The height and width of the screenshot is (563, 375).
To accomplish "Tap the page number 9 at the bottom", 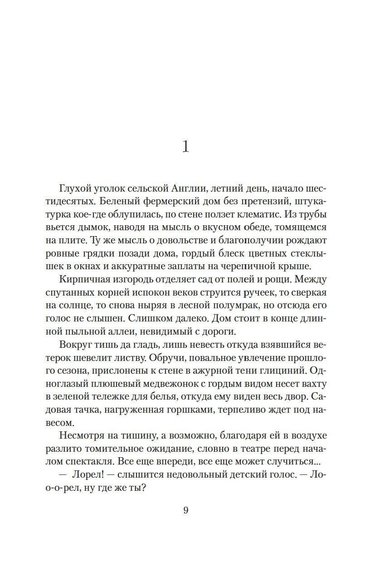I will click(186, 510).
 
